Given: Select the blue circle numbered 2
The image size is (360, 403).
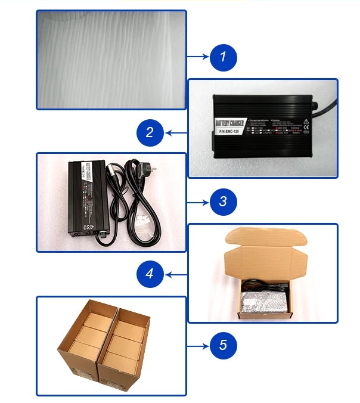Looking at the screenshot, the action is (150, 132).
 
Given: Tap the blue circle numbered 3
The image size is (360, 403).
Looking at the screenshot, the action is (223, 201).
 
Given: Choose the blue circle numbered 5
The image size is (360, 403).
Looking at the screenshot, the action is (223, 345).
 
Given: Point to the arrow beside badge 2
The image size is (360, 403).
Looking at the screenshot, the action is (176, 132).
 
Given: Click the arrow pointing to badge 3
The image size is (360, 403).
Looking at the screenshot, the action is (198, 201).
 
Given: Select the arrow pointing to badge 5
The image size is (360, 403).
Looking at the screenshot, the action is (198, 345).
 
